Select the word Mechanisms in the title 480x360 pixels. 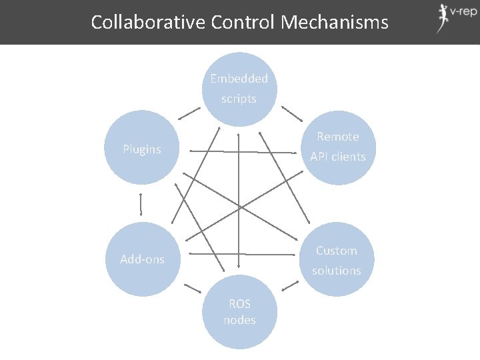335,22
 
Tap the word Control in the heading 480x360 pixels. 243,22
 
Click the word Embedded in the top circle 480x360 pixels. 239,79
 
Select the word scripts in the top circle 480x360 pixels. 239,99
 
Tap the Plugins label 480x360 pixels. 142,149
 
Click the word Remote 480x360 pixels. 338,137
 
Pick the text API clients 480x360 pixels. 338,157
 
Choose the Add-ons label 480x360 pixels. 142,259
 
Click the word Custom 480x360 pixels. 337,251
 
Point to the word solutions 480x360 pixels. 337,271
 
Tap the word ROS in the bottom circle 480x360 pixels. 240,304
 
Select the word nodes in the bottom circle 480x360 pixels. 240,320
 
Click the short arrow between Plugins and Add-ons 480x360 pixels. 142,204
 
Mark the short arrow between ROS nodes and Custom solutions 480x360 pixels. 290,285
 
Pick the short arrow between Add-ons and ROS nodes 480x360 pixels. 191,288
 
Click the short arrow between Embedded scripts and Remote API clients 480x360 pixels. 290,113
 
